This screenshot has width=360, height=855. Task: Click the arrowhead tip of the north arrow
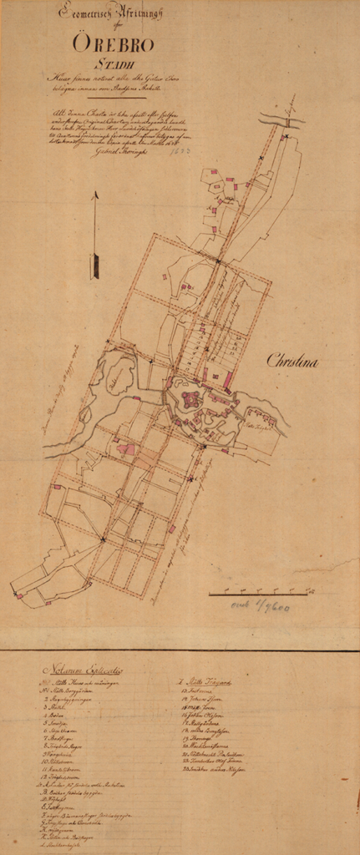(95, 195)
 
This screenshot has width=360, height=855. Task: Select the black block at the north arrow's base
(95, 266)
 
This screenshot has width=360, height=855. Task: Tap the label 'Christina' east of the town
(292, 362)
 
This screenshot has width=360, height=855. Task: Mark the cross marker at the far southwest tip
(17, 594)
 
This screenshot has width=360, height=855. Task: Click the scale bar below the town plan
(259, 593)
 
